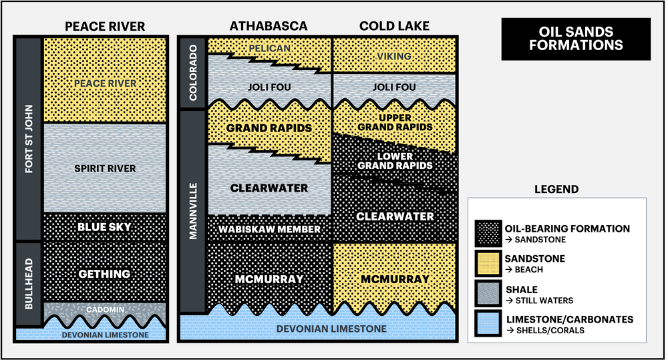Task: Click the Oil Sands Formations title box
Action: [x=575, y=39]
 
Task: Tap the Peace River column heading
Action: [x=105, y=27]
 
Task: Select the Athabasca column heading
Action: [x=269, y=27]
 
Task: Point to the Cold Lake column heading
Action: [x=394, y=27]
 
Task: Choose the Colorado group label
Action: [x=193, y=73]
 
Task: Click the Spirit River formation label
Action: [x=105, y=168]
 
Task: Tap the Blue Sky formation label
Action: [x=105, y=227]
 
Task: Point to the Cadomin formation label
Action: [x=105, y=311]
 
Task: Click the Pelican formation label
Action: [x=269, y=48]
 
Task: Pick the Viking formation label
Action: [x=394, y=56]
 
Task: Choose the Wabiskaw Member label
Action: [x=270, y=229]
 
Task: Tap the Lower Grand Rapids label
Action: [x=394, y=161]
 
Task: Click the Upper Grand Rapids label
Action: [x=394, y=122]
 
